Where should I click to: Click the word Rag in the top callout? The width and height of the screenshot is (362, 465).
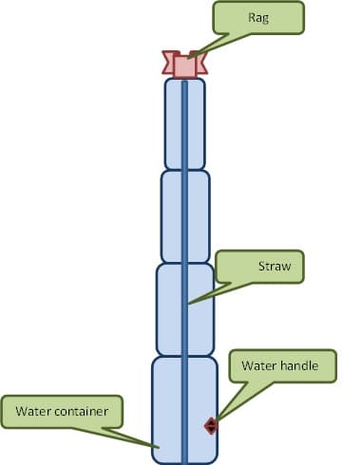pos(258,18)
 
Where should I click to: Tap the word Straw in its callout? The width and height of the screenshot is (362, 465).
pos(275,266)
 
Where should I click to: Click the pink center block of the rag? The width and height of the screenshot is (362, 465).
pos(184,65)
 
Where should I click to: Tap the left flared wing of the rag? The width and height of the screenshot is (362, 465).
pos(168,62)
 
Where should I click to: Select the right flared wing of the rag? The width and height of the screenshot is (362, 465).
pos(201,62)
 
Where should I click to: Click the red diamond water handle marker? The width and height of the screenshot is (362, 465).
pos(211,426)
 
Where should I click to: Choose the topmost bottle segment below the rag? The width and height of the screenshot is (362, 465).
pos(184,123)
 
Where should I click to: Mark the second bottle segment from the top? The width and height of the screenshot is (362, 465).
pos(185,216)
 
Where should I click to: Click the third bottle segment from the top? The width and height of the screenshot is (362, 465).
pos(185,309)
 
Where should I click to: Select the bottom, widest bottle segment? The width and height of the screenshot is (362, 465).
pos(184,410)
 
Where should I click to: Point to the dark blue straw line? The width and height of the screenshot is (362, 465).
pos(184,272)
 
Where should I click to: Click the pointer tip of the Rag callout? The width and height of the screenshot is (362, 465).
pos(188,58)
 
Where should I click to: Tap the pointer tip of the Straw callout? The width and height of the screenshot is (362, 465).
pos(188,304)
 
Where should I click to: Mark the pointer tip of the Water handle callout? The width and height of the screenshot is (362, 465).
pos(217,421)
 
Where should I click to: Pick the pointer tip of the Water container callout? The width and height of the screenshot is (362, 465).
pos(159,447)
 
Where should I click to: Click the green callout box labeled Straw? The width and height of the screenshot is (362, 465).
pos(259,267)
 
